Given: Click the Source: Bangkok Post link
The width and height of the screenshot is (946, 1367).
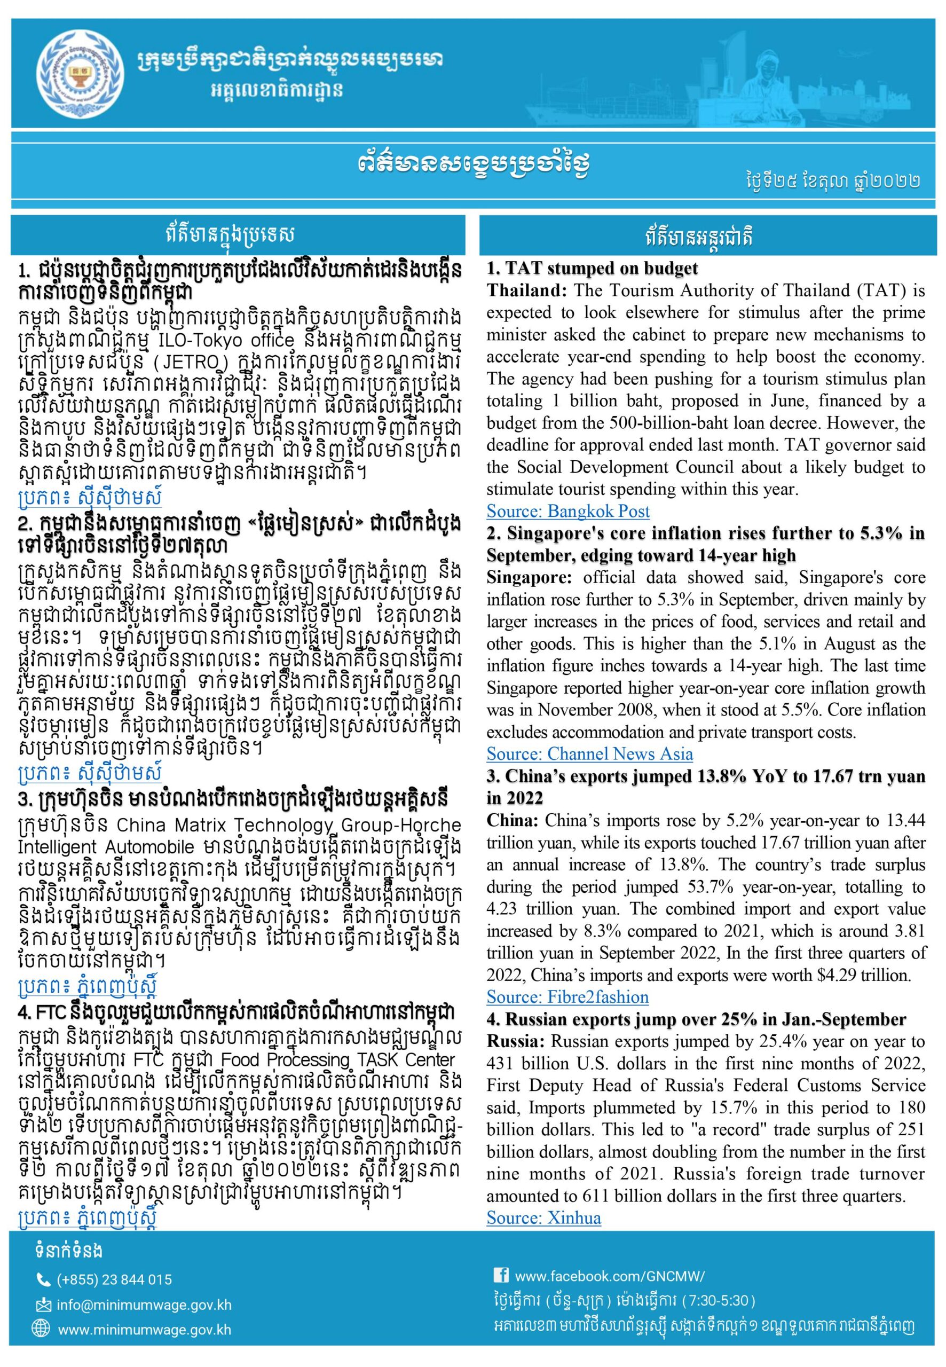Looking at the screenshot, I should point(568,511).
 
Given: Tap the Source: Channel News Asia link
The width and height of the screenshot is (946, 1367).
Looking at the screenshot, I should point(589,753).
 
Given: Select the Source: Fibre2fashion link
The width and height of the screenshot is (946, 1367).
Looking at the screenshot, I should point(567,996).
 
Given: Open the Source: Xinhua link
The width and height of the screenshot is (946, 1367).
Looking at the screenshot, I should point(543,1217).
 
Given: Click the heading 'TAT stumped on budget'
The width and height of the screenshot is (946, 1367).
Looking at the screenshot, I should point(592,269).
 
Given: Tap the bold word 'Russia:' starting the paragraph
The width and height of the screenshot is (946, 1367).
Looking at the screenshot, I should point(516,1042).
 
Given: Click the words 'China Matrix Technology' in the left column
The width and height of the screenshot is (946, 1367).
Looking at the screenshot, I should point(209,824).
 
